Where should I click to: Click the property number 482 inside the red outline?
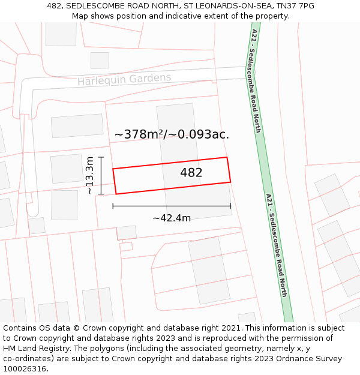click(191, 173)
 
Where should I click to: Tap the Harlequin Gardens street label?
click(124, 79)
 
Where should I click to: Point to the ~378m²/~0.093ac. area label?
click(172, 134)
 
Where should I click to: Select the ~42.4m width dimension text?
click(172, 218)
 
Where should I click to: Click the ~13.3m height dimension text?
click(89, 175)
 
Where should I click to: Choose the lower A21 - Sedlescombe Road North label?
click(277, 245)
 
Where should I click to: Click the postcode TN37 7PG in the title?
click(295, 6)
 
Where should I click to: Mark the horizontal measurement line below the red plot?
click(172, 206)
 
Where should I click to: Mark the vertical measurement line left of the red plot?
click(101, 175)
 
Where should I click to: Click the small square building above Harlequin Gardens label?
click(100, 61)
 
